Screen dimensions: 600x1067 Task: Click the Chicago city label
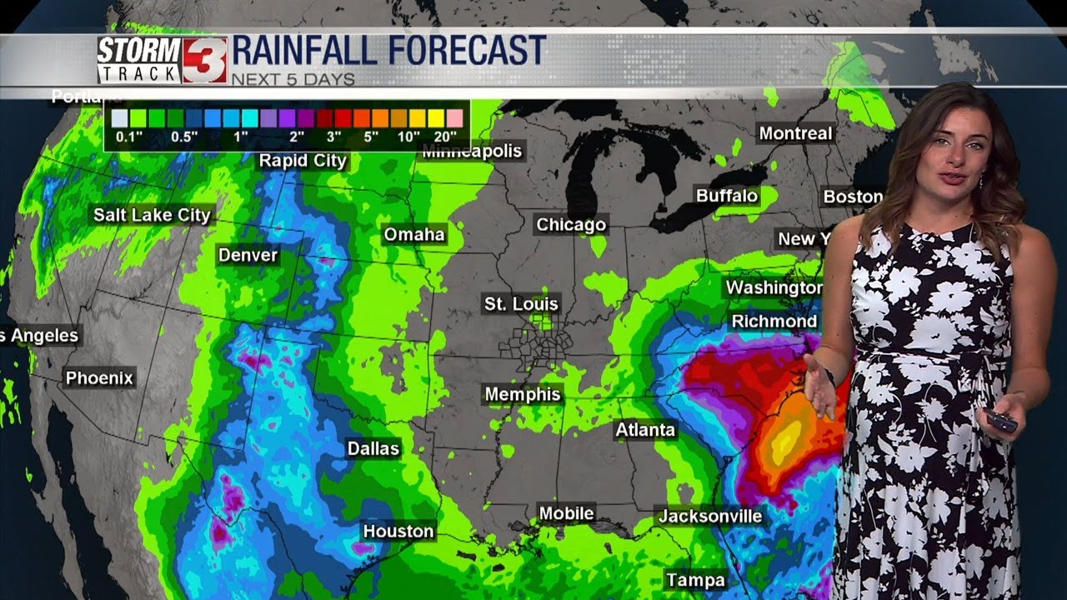point(571,225)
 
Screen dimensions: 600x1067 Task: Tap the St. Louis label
point(522,304)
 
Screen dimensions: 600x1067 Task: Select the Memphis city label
point(523,393)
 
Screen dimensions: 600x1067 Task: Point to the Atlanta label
point(645,430)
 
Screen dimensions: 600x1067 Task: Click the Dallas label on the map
point(373,448)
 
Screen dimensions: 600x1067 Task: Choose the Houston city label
point(398,531)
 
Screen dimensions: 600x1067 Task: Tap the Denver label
point(248,255)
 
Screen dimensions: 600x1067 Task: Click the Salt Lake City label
point(152,215)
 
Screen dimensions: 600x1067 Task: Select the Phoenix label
point(99,378)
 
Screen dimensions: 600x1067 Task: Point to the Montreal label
point(795,133)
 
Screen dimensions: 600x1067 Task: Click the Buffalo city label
point(727,196)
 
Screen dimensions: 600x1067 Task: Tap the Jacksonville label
point(710,516)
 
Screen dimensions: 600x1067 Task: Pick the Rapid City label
point(303,161)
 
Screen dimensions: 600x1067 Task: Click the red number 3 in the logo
point(203,61)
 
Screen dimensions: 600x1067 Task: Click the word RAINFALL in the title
point(309,52)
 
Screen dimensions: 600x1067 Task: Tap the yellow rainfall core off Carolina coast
point(786,442)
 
